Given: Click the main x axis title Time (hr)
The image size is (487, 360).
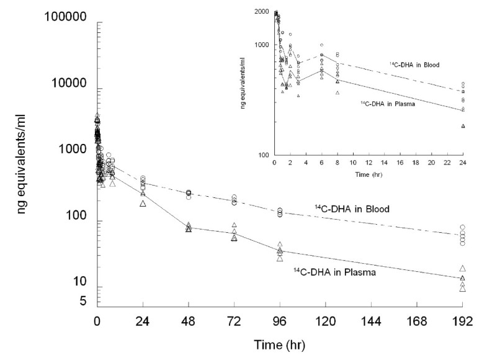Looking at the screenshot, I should [279, 343].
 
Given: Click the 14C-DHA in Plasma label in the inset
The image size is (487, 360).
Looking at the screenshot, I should [387, 104].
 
